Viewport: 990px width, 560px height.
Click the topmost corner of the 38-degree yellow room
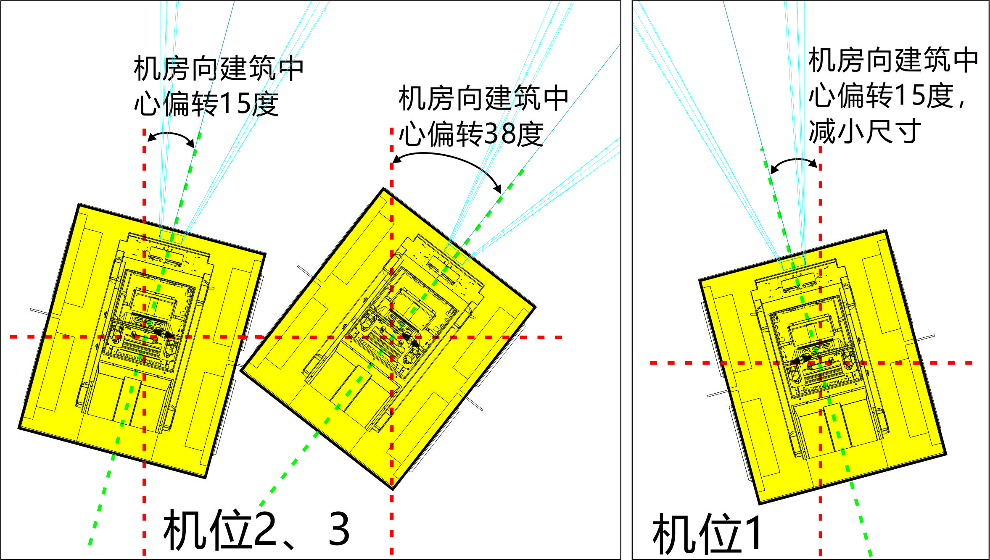coord(383,188)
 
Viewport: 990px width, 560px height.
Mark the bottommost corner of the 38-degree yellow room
coord(392,489)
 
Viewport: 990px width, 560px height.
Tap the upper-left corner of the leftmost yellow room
coord(79,205)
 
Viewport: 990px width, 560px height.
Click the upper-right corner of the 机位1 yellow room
coord(886,231)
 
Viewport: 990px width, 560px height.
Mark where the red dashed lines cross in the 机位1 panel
coord(820,363)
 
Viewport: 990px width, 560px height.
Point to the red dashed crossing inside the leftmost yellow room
coord(144,337)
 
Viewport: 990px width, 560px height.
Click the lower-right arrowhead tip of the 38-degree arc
coord(501,192)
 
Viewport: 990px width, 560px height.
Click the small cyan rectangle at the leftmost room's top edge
coord(171,237)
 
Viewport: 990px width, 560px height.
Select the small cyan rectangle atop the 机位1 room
coord(793,263)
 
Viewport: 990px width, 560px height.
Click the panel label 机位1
coord(707,534)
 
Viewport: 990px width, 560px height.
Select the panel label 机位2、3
coord(256,530)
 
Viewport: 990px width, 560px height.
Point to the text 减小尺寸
coord(865,131)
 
